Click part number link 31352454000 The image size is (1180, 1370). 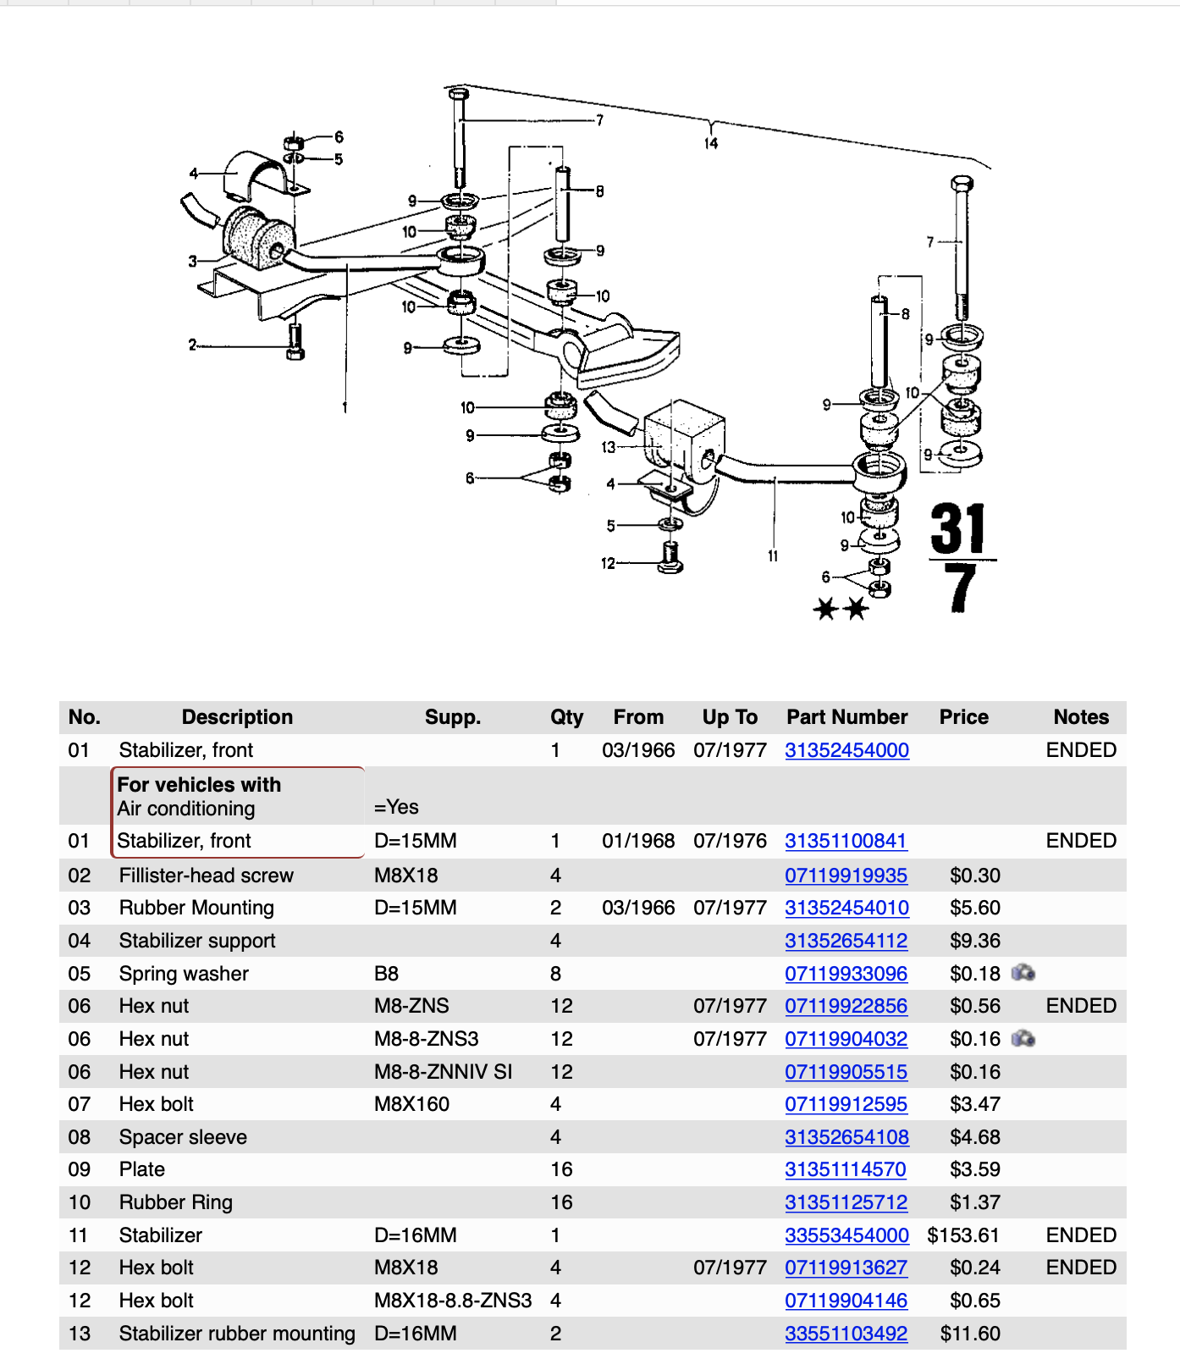pos(846,750)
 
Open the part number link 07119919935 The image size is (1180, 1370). pos(846,876)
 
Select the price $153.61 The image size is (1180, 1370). pos(963,1235)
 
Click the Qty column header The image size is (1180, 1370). pos(566,717)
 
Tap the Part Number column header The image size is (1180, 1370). pos(846,717)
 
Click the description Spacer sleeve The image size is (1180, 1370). pos(183,1137)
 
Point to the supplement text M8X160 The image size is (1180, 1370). pos(411,1104)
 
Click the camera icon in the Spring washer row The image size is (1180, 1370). pos(1023,973)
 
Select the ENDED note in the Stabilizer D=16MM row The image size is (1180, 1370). pos(1081,1235)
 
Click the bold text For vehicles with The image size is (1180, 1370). pos(199,785)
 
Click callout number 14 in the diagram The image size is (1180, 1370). pos(711,144)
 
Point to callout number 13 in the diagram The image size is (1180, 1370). pos(609,447)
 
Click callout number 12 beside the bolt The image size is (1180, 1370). pos(608,563)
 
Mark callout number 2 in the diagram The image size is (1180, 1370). pos(192,345)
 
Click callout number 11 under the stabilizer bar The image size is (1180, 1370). pos(773,556)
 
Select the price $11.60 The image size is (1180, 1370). pos(970,1334)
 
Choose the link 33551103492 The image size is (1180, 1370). pos(846,1334)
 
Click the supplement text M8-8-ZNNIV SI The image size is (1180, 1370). pos(443,1072)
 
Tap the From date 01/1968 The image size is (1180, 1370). pos(638,841)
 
